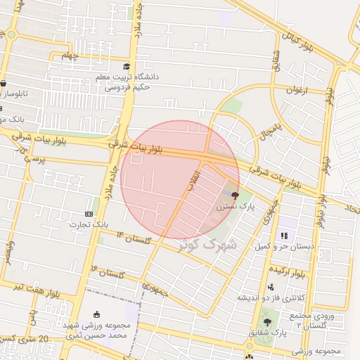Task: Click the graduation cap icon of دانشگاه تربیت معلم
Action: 127,67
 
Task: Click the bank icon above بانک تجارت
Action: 89,213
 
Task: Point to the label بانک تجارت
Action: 86,225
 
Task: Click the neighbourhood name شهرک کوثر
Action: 214,245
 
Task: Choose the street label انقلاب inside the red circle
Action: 192,181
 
